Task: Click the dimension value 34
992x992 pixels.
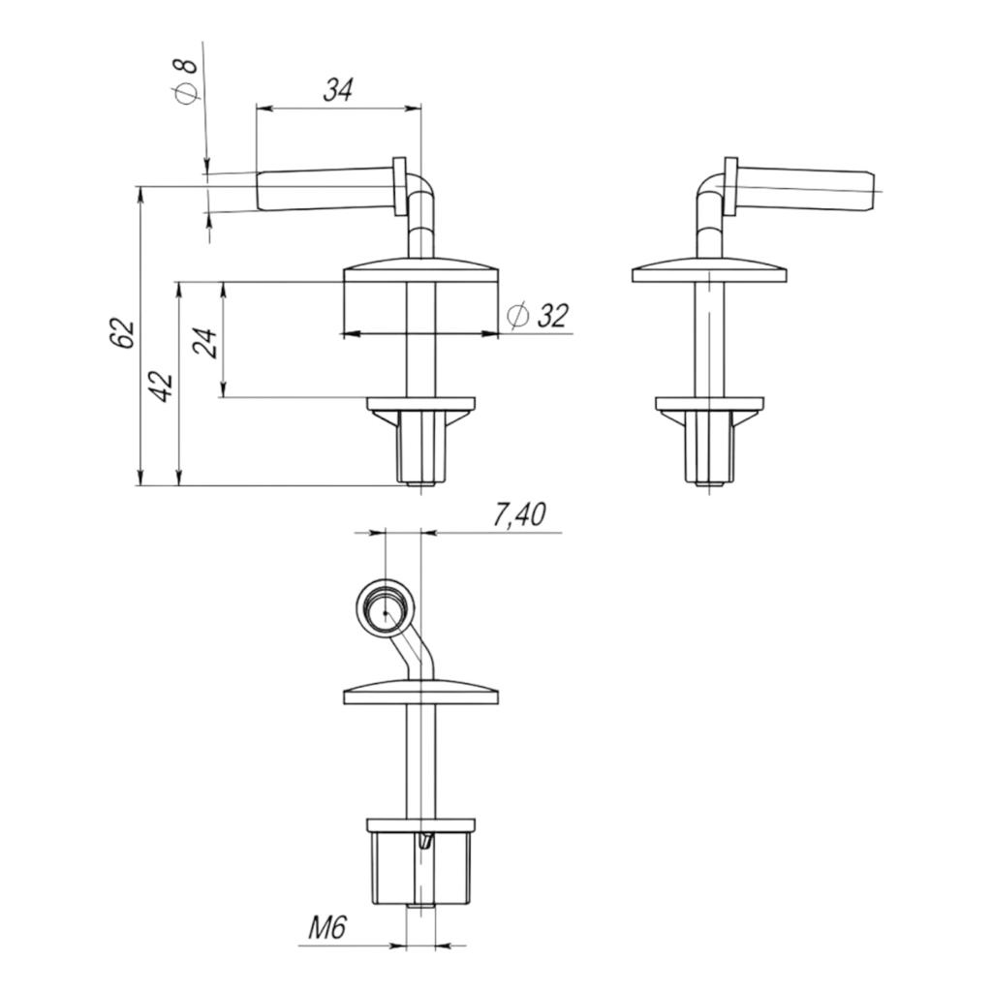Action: tap(337, 90)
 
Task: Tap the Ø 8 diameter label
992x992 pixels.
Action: tap(186, 80)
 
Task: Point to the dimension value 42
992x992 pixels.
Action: tap(162, 386)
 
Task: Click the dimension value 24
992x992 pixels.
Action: tap(208, 343)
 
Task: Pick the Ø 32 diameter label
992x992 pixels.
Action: tap(538, 316)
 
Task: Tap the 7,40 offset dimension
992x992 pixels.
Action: tap(519, 515)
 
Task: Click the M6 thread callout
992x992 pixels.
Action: tap(327, 928)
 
